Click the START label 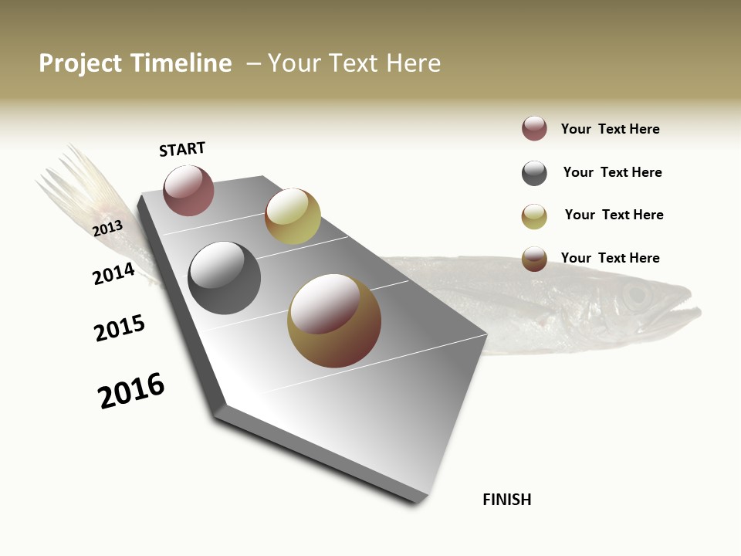click(182, 149)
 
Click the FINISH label click(507, 500)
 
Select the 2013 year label click(107, 228)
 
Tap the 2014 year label click(113, 273)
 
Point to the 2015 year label click(120, 328)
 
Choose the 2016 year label click(131, 391)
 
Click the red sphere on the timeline click(188, 190)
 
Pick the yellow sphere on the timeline click(293, 216)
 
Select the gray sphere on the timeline click(224, 278)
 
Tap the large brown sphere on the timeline click(334, 320)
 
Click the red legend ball click(534, 128)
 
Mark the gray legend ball click(534, 173)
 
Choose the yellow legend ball click(534, 216)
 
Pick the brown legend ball click(534, 259)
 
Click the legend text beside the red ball click(610, 129)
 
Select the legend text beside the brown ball click(610, 258)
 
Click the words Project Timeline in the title click(135, 63)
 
